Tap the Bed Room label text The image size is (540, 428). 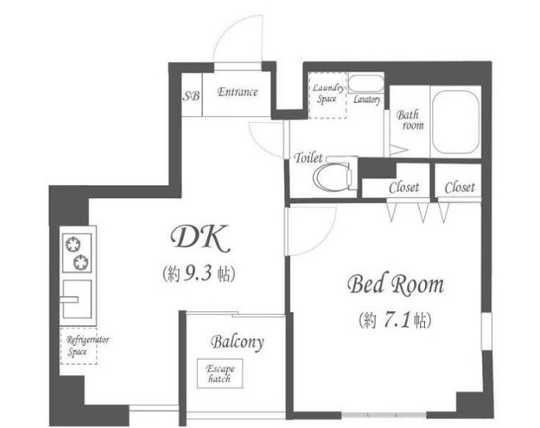click(395, 285)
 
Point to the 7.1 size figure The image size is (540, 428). click(396, 320)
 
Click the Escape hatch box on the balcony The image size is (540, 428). click(219, 373)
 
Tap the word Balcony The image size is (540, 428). click(237, 342)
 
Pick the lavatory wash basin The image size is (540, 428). click(366, 83)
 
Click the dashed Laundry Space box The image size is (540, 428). click(327, 95)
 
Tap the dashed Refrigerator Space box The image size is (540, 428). click(79, 346)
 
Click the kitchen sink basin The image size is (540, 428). click(77, 299)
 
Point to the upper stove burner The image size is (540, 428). click(73, 245)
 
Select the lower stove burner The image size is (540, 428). click(81, 262)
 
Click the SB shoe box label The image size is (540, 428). click(190, 95)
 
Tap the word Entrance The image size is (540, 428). click(237, 92)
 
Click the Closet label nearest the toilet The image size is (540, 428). click(404, 187)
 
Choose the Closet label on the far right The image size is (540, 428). click(460, 187)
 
